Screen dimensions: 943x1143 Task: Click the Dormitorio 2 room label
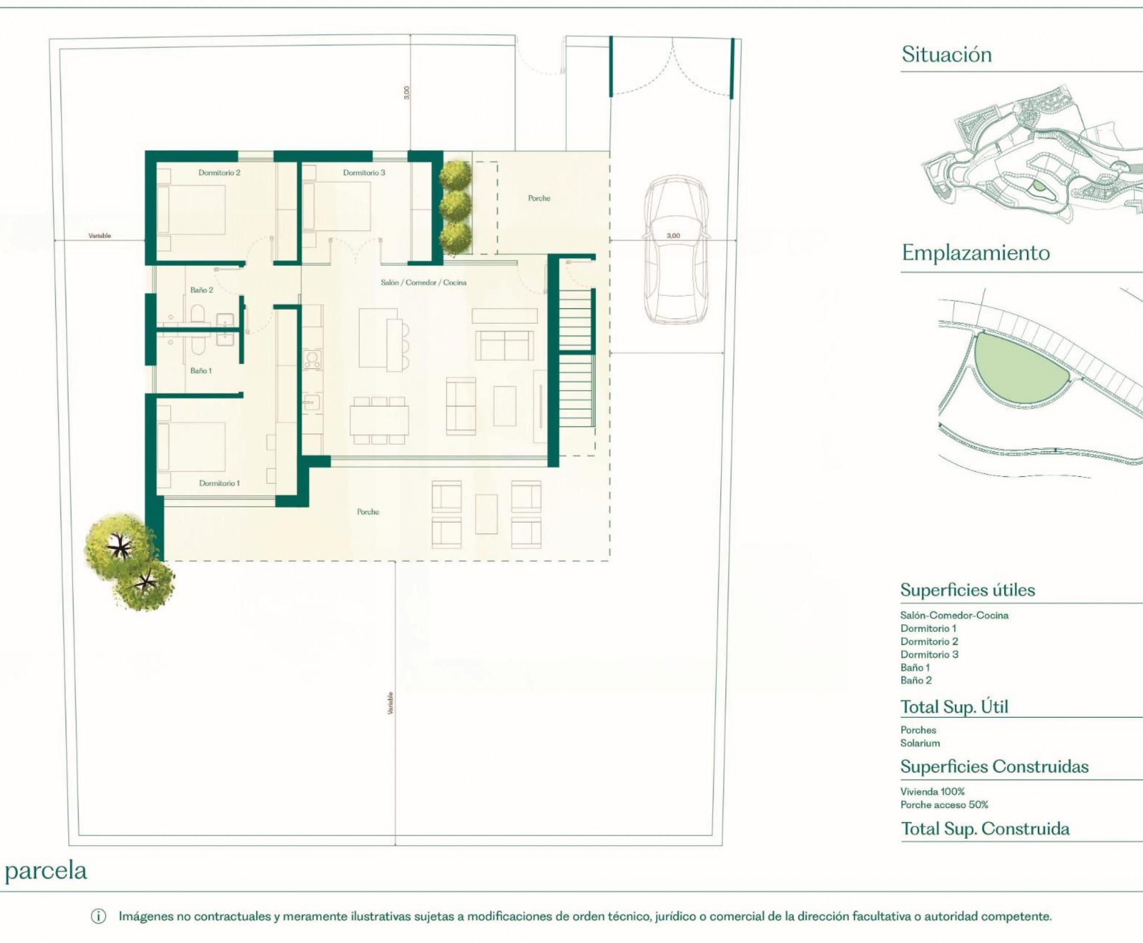[219, 173]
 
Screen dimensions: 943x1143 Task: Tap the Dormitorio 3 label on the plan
[364, 173]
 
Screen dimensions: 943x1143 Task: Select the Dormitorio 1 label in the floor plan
[219, 483]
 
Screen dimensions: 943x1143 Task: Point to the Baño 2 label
[201, 290]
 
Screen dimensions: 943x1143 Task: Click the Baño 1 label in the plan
[201, 370]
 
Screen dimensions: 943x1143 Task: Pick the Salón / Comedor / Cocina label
[423, 282]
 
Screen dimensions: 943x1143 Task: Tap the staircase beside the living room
[575, 358]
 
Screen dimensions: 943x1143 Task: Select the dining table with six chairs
[379, 420]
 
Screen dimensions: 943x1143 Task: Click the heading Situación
[947, 54]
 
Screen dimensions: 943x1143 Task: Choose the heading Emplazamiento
[975, 253]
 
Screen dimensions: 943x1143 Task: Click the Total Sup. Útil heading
[954, 707]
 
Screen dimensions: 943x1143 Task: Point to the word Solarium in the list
[920, 743]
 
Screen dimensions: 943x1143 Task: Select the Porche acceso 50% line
[944, 805]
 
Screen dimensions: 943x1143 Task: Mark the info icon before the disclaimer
[98, 916]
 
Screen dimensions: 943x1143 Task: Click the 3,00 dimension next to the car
[673, 236]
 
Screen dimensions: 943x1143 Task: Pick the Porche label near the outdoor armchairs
[368, 512]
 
